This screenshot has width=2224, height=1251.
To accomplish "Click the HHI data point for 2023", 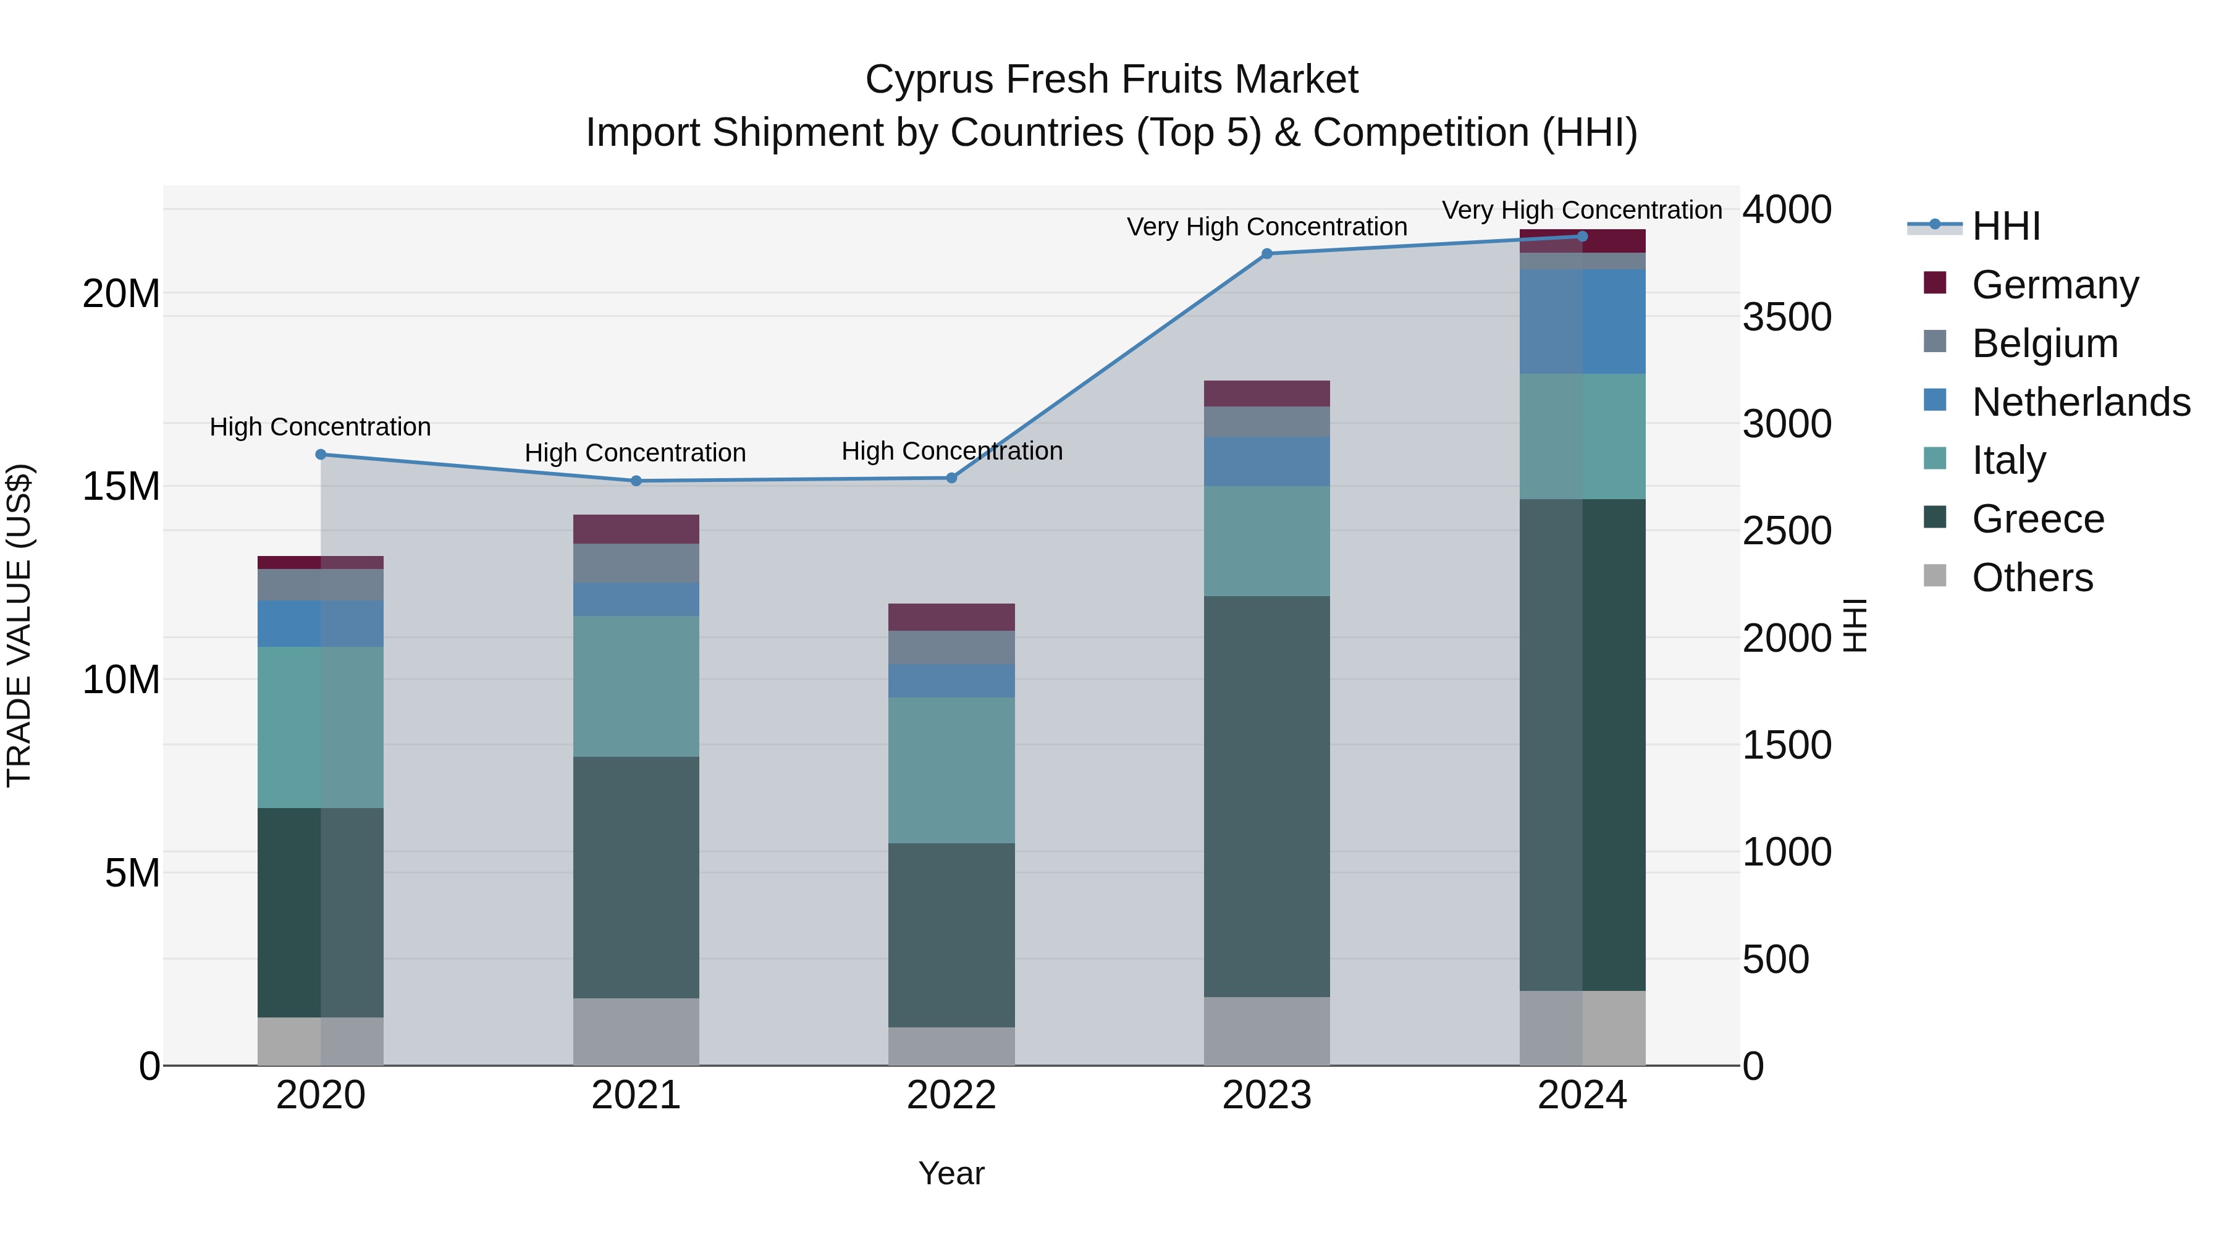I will [1266, 254].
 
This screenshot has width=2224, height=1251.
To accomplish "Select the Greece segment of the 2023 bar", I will [1266, 796].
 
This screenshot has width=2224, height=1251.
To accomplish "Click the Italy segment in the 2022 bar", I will [951, 770].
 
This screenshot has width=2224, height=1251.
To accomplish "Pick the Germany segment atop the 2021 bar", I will [636, 528].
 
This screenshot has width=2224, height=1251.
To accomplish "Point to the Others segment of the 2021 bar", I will [636, 1031].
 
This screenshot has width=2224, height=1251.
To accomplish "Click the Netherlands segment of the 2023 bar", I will [1266, 461].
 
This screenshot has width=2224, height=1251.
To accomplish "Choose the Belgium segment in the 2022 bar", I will [951, 647].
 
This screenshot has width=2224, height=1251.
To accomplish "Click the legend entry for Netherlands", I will [2081, 402].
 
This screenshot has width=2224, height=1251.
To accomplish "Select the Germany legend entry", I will [2055, 285].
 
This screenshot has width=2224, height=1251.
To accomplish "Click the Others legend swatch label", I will [2032, 578].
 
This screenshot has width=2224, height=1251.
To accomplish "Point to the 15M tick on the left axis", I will [121, 487].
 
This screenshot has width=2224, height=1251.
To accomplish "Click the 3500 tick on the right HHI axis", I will [1786, 317].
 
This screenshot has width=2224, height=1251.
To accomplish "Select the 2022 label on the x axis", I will [951, 1095].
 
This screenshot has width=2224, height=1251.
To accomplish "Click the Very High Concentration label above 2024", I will [1582, 210].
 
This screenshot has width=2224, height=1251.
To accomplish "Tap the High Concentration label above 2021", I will [636, 452].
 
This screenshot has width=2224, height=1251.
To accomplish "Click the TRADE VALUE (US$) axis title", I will [19, 625].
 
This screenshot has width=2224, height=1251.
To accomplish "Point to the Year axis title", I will [951, 1173].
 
